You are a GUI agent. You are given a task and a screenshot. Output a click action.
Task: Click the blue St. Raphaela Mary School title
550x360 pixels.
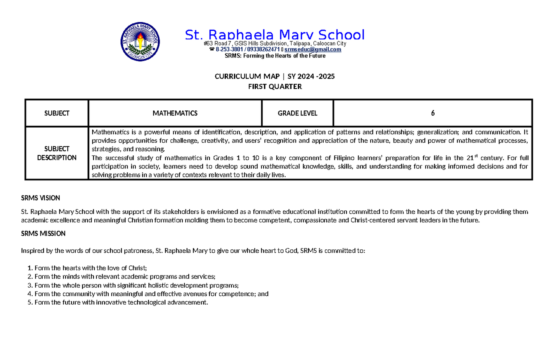pos(275,35)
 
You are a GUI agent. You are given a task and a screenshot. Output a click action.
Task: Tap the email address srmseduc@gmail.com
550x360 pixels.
pos(313,50)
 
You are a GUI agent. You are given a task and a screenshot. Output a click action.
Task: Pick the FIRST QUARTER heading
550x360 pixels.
pos(275,86)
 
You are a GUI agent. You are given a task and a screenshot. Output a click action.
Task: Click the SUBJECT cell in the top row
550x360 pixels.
pos(57,113)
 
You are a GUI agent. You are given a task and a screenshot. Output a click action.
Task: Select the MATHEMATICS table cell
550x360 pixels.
pos(175,113)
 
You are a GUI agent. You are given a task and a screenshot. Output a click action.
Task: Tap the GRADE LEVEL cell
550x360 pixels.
pos(297,113)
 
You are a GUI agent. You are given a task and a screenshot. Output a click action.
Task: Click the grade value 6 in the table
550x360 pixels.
pos(433,113)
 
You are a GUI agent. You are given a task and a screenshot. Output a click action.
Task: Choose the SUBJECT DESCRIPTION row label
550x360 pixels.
pos(57,153)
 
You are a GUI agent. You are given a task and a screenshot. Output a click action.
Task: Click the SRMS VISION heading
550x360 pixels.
pos(40,198)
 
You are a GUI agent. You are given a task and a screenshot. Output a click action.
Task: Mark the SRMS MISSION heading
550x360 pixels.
pos(43,233)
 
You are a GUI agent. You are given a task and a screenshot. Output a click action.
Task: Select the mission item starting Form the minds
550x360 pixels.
pos(121,277)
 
